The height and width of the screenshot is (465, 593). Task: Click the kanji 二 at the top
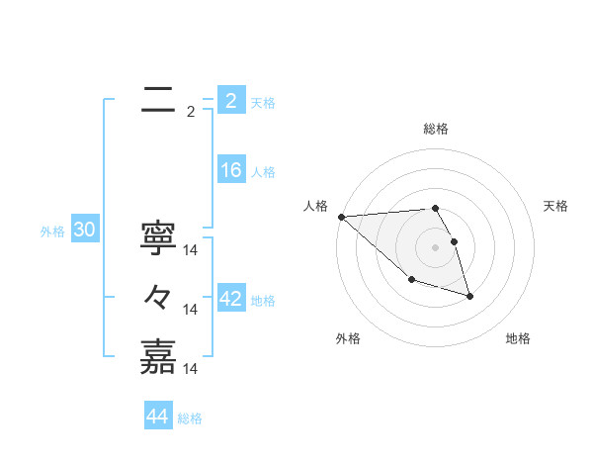(158, 99)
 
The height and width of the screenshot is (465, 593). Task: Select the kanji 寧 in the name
(158, 236)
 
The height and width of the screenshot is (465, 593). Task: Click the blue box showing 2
(230, 100)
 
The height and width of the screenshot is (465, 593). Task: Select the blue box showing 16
(230, 170)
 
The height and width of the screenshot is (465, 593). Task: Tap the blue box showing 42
(230, 299)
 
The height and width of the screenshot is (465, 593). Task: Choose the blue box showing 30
(84, 231)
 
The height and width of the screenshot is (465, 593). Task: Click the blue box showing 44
(157, 417)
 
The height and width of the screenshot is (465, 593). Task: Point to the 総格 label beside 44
(190, 418)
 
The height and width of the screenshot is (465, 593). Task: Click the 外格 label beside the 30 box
(52, 232)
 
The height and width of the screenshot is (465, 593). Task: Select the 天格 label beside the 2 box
(263, 102)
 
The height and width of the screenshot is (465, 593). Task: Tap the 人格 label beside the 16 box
(263, 172)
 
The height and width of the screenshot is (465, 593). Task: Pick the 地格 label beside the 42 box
(263, 301)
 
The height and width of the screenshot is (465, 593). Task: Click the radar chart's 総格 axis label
(436, 129)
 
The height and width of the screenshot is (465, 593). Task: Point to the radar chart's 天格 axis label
(556, 206)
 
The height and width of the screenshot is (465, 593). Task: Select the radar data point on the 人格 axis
(341, 217)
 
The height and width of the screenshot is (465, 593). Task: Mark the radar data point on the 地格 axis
(469, 295)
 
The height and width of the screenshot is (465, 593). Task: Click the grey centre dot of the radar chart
(435, 247)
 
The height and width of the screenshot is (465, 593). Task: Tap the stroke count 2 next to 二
(191, 112)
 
